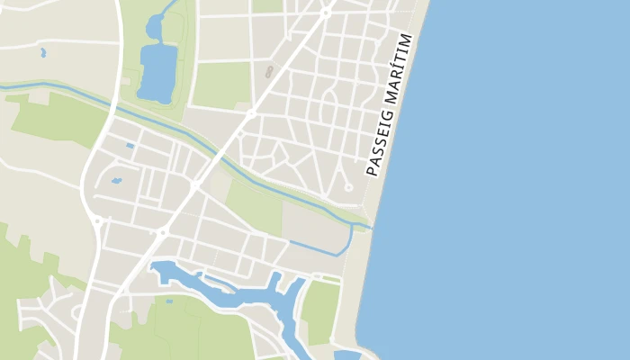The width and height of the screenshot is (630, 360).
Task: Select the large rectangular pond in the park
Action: coord(157,72)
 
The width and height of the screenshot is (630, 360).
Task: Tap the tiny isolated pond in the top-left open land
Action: coord(42,53)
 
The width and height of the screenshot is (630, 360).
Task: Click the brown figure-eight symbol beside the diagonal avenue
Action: coord(267,71)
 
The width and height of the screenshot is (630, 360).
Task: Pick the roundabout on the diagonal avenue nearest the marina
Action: coord(163,232)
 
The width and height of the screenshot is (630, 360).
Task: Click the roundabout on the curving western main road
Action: coord(96,219)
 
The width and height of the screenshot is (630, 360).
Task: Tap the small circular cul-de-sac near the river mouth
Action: coord(348,187)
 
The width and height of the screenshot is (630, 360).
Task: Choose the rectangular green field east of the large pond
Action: coord(220,85)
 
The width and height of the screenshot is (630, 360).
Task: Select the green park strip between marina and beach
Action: coord(320,311)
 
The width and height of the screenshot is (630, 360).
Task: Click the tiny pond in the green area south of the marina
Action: coord(168,300)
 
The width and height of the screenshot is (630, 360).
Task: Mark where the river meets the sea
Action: coord(369,226)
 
